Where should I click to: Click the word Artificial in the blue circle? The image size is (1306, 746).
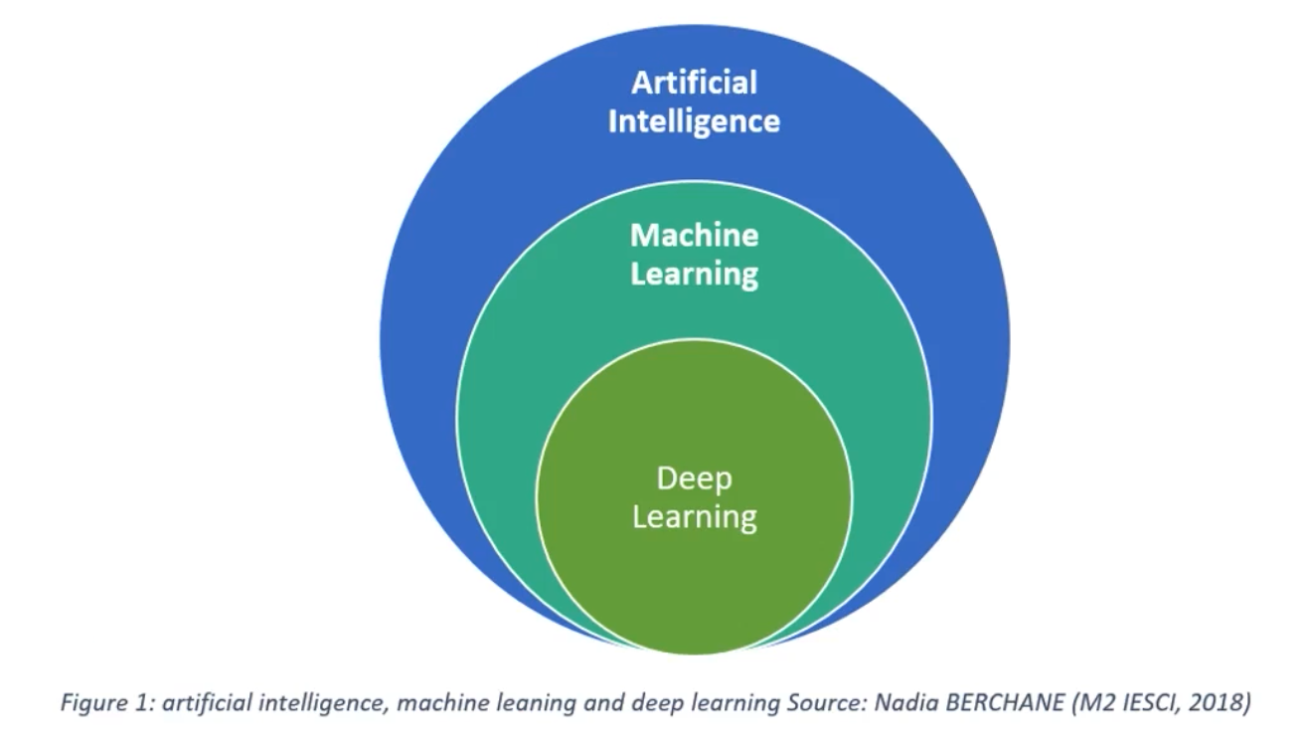(x=694, y=82)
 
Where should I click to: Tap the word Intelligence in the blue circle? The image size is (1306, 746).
(x=694, y=121)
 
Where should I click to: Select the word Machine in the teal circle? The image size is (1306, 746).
(x=694, y=236)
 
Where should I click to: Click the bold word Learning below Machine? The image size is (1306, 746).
(x=694, y=274)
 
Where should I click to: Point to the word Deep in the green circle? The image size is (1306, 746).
(x=694, y=478)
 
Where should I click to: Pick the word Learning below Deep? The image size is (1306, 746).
(x=694, y=517)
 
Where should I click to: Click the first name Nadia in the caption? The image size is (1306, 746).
(x=898, y=702)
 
